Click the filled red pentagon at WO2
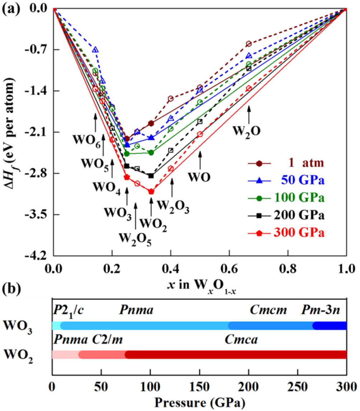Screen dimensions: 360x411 [151, 192]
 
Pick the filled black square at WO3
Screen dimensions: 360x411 [127, 166]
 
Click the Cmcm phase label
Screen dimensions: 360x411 [269, 309]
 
